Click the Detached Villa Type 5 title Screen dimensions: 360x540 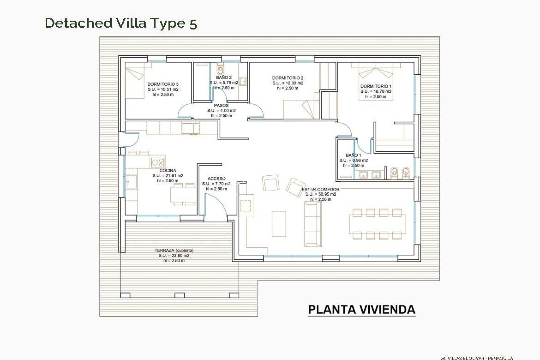pyautogui.click(x=121, y=23)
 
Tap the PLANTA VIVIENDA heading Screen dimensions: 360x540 pyautogui.click(x=361, y=309)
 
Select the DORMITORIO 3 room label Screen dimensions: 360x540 pyautogui.click(x=163, y=84)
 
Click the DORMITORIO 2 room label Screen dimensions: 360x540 pyautogui.click(x=288, y=78)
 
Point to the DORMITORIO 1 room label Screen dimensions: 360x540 pyautogui.click(x=376, y=86)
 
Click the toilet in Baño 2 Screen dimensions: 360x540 pyautogui.click(x=220, y=69)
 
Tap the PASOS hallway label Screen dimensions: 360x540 pyautogui.click(x=221, y=106)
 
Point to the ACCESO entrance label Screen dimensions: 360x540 pyautogui.click(x=216, y=179)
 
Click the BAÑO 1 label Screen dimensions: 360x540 pyautogui.click(x=353, y=155)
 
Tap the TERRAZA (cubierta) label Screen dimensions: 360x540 pyautogui.click(x=174, y=250)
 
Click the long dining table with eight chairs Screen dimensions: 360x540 pyautogui.click(x=377, y=224)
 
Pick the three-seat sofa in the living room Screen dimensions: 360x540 pyautogui.click(x=313, y=224)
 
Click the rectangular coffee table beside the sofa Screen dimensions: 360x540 pyautogui.click(x=279, y=224)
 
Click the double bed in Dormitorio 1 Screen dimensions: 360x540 pyautogui.click(x=376, y=82)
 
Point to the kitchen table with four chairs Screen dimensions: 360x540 pyautogui.click(x=184, y=194)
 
